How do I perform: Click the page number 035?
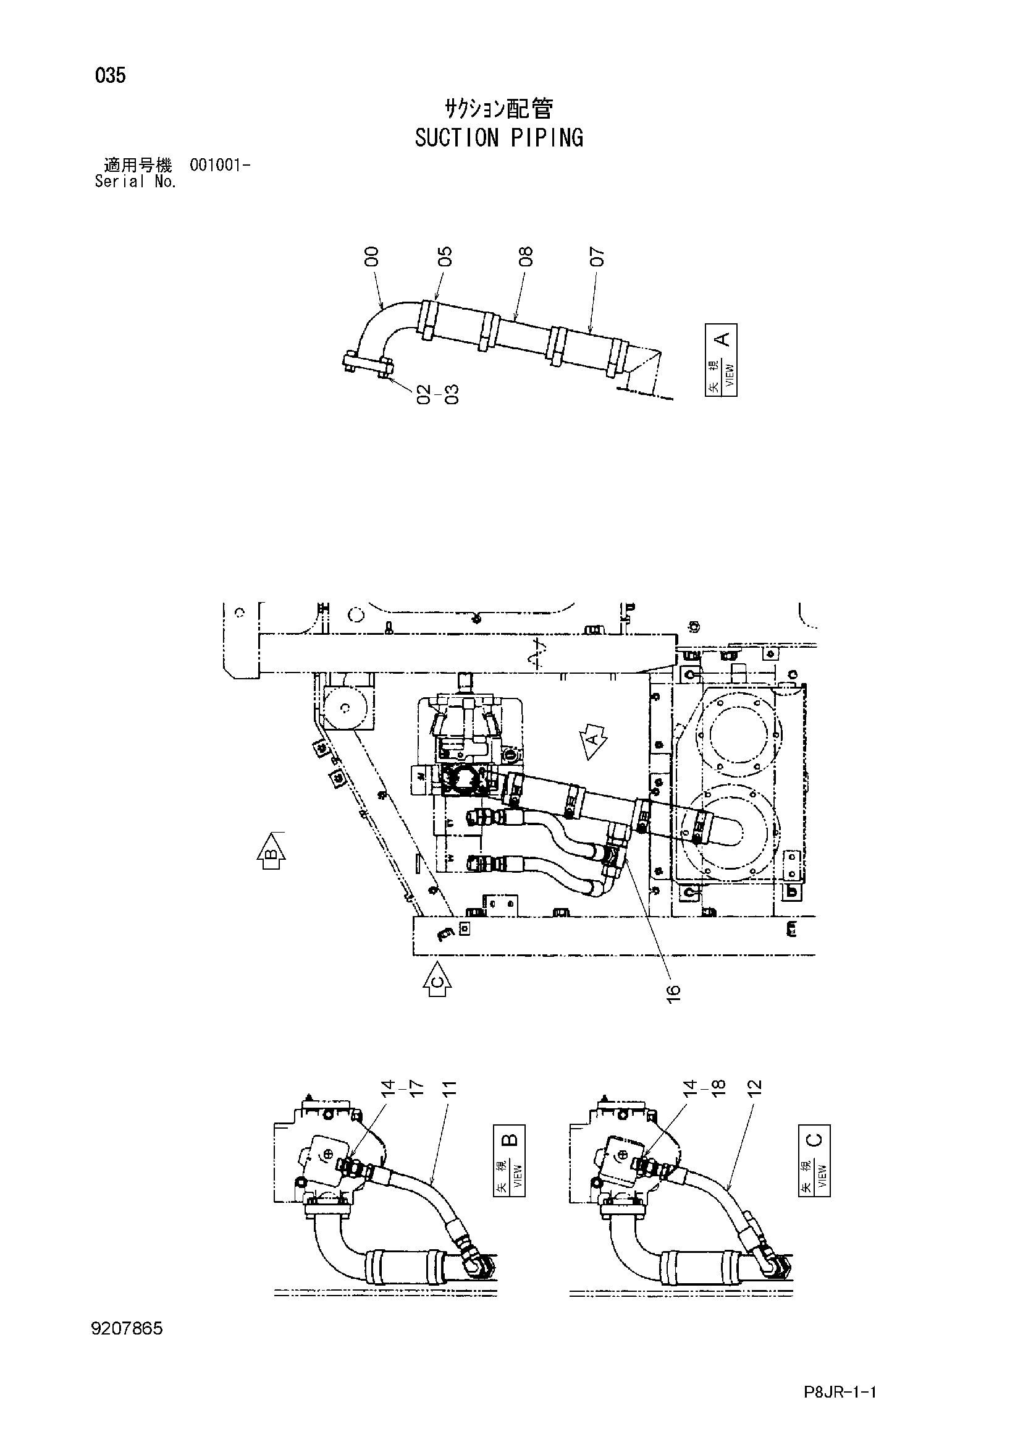tap(110, 75)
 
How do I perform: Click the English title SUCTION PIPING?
tap(499, 137)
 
